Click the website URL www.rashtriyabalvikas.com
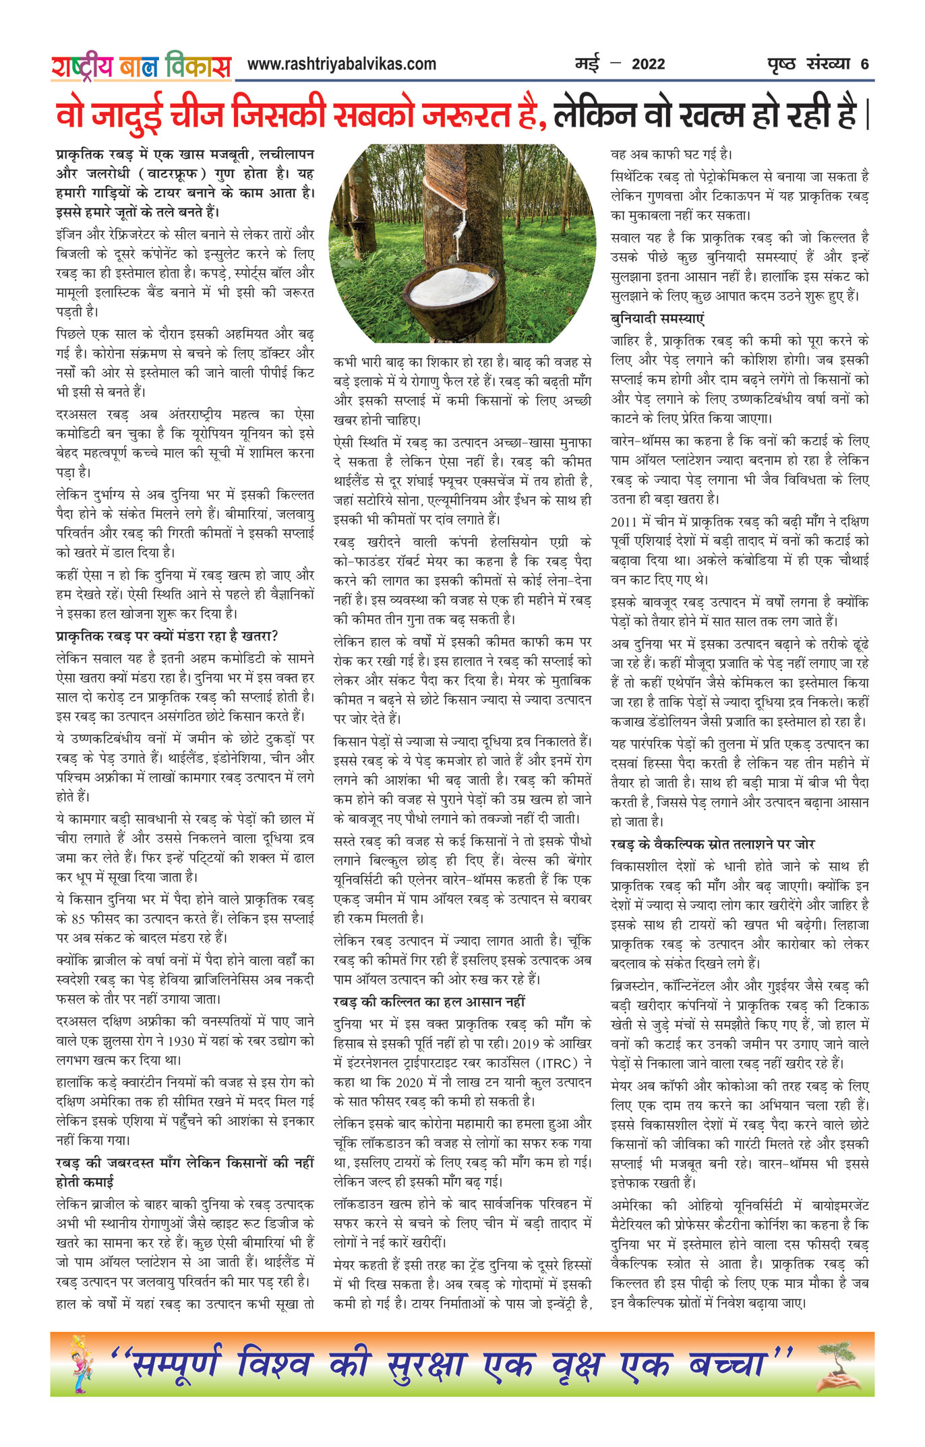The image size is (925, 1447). (341, 64)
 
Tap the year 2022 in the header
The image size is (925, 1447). (648, 65)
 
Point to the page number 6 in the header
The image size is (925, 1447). (864, 65)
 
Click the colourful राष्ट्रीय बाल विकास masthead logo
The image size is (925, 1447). (141, 66)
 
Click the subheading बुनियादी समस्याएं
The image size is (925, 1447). (657, 319)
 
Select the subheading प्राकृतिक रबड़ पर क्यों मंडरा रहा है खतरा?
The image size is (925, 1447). (167, 636)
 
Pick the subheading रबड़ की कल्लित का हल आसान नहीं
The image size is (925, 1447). (429, 1002)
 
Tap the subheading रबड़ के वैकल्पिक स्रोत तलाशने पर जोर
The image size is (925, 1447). (713, 844)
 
